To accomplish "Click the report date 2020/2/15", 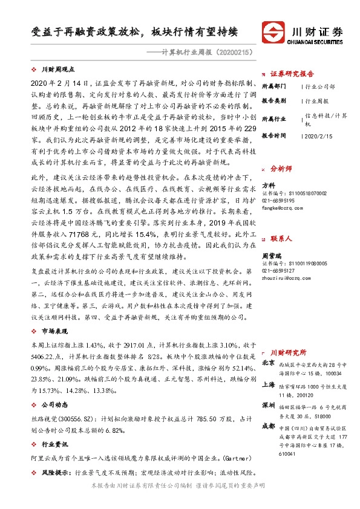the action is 316,137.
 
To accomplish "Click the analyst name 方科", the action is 268,186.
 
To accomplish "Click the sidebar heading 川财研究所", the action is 288,352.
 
